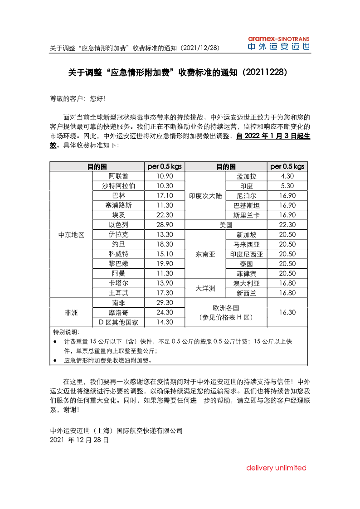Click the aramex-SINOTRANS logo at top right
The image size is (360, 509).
(x=279, y=44)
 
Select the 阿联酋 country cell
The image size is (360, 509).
(x=118, y=176)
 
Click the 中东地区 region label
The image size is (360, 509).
(x=71, y=235)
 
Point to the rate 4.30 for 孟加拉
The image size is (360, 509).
(x=287, y=176)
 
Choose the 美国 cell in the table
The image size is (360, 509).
(x=226, y=225)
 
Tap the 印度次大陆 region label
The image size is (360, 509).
(x=205, y=196)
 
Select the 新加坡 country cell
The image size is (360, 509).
(x=246, y=235)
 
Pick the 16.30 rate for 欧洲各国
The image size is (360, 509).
(x=287, y=312)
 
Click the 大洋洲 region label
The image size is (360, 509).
(x=205, y=288)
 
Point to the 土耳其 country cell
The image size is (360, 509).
(x=118, y=293)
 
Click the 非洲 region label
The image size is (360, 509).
(x=71, y=312)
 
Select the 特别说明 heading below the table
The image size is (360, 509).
(x=66, y=332)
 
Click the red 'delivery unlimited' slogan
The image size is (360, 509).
(x=276, y=468)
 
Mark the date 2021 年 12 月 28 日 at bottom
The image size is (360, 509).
(x=79, y=440)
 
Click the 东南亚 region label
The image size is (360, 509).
(x=205, y=254)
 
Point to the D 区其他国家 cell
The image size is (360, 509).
(x=118, y=322)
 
